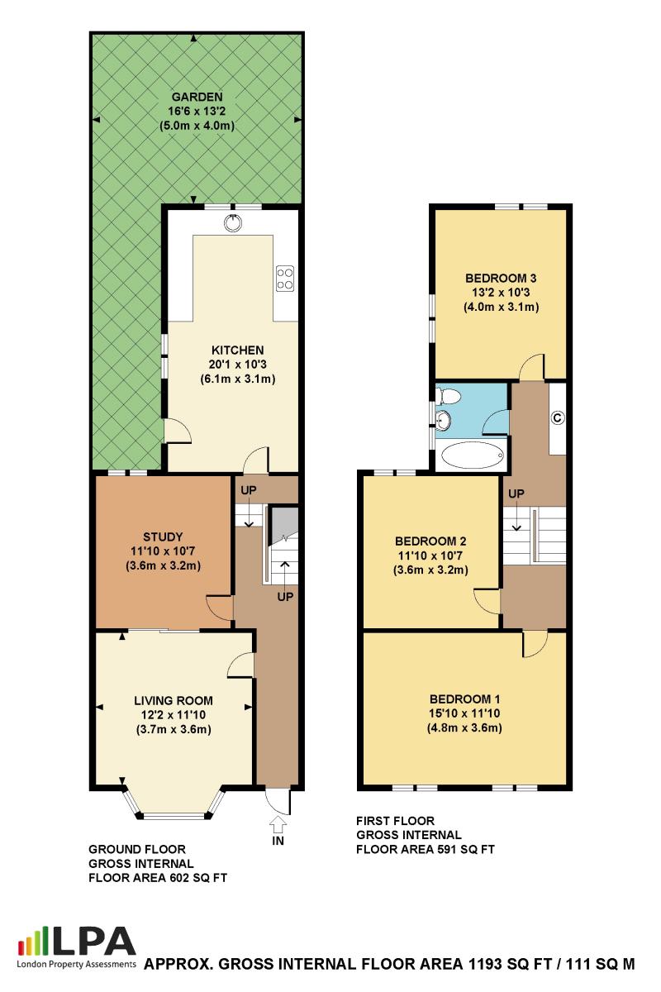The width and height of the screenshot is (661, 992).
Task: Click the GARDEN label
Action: click(197, 97)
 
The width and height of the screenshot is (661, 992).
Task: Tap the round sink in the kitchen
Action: click(233, 222)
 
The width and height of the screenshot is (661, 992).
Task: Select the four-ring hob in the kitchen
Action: click(285, 278)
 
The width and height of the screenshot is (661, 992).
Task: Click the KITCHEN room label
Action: click(238, 351)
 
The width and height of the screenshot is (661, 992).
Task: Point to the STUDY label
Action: click(163, 537)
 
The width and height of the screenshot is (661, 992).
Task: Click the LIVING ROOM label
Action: click(174, 701)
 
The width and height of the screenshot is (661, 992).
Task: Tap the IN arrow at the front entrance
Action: click(278, 824)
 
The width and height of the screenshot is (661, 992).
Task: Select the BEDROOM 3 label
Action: click(501, 278)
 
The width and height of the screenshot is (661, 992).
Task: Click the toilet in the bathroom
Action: click(449, 395)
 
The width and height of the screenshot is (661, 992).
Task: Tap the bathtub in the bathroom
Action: click(473, 455)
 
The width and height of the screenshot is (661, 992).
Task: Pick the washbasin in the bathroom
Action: click(443, 419)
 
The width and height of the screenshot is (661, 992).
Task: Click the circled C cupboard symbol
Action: click(558, 417)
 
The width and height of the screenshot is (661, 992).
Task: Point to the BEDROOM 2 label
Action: click(430, 541)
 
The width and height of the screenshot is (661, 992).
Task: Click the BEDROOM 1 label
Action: click(465, 699)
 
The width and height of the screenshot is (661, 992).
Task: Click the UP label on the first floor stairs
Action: click(516, 494)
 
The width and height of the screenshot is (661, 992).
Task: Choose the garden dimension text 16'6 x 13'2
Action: click(197, 111)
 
